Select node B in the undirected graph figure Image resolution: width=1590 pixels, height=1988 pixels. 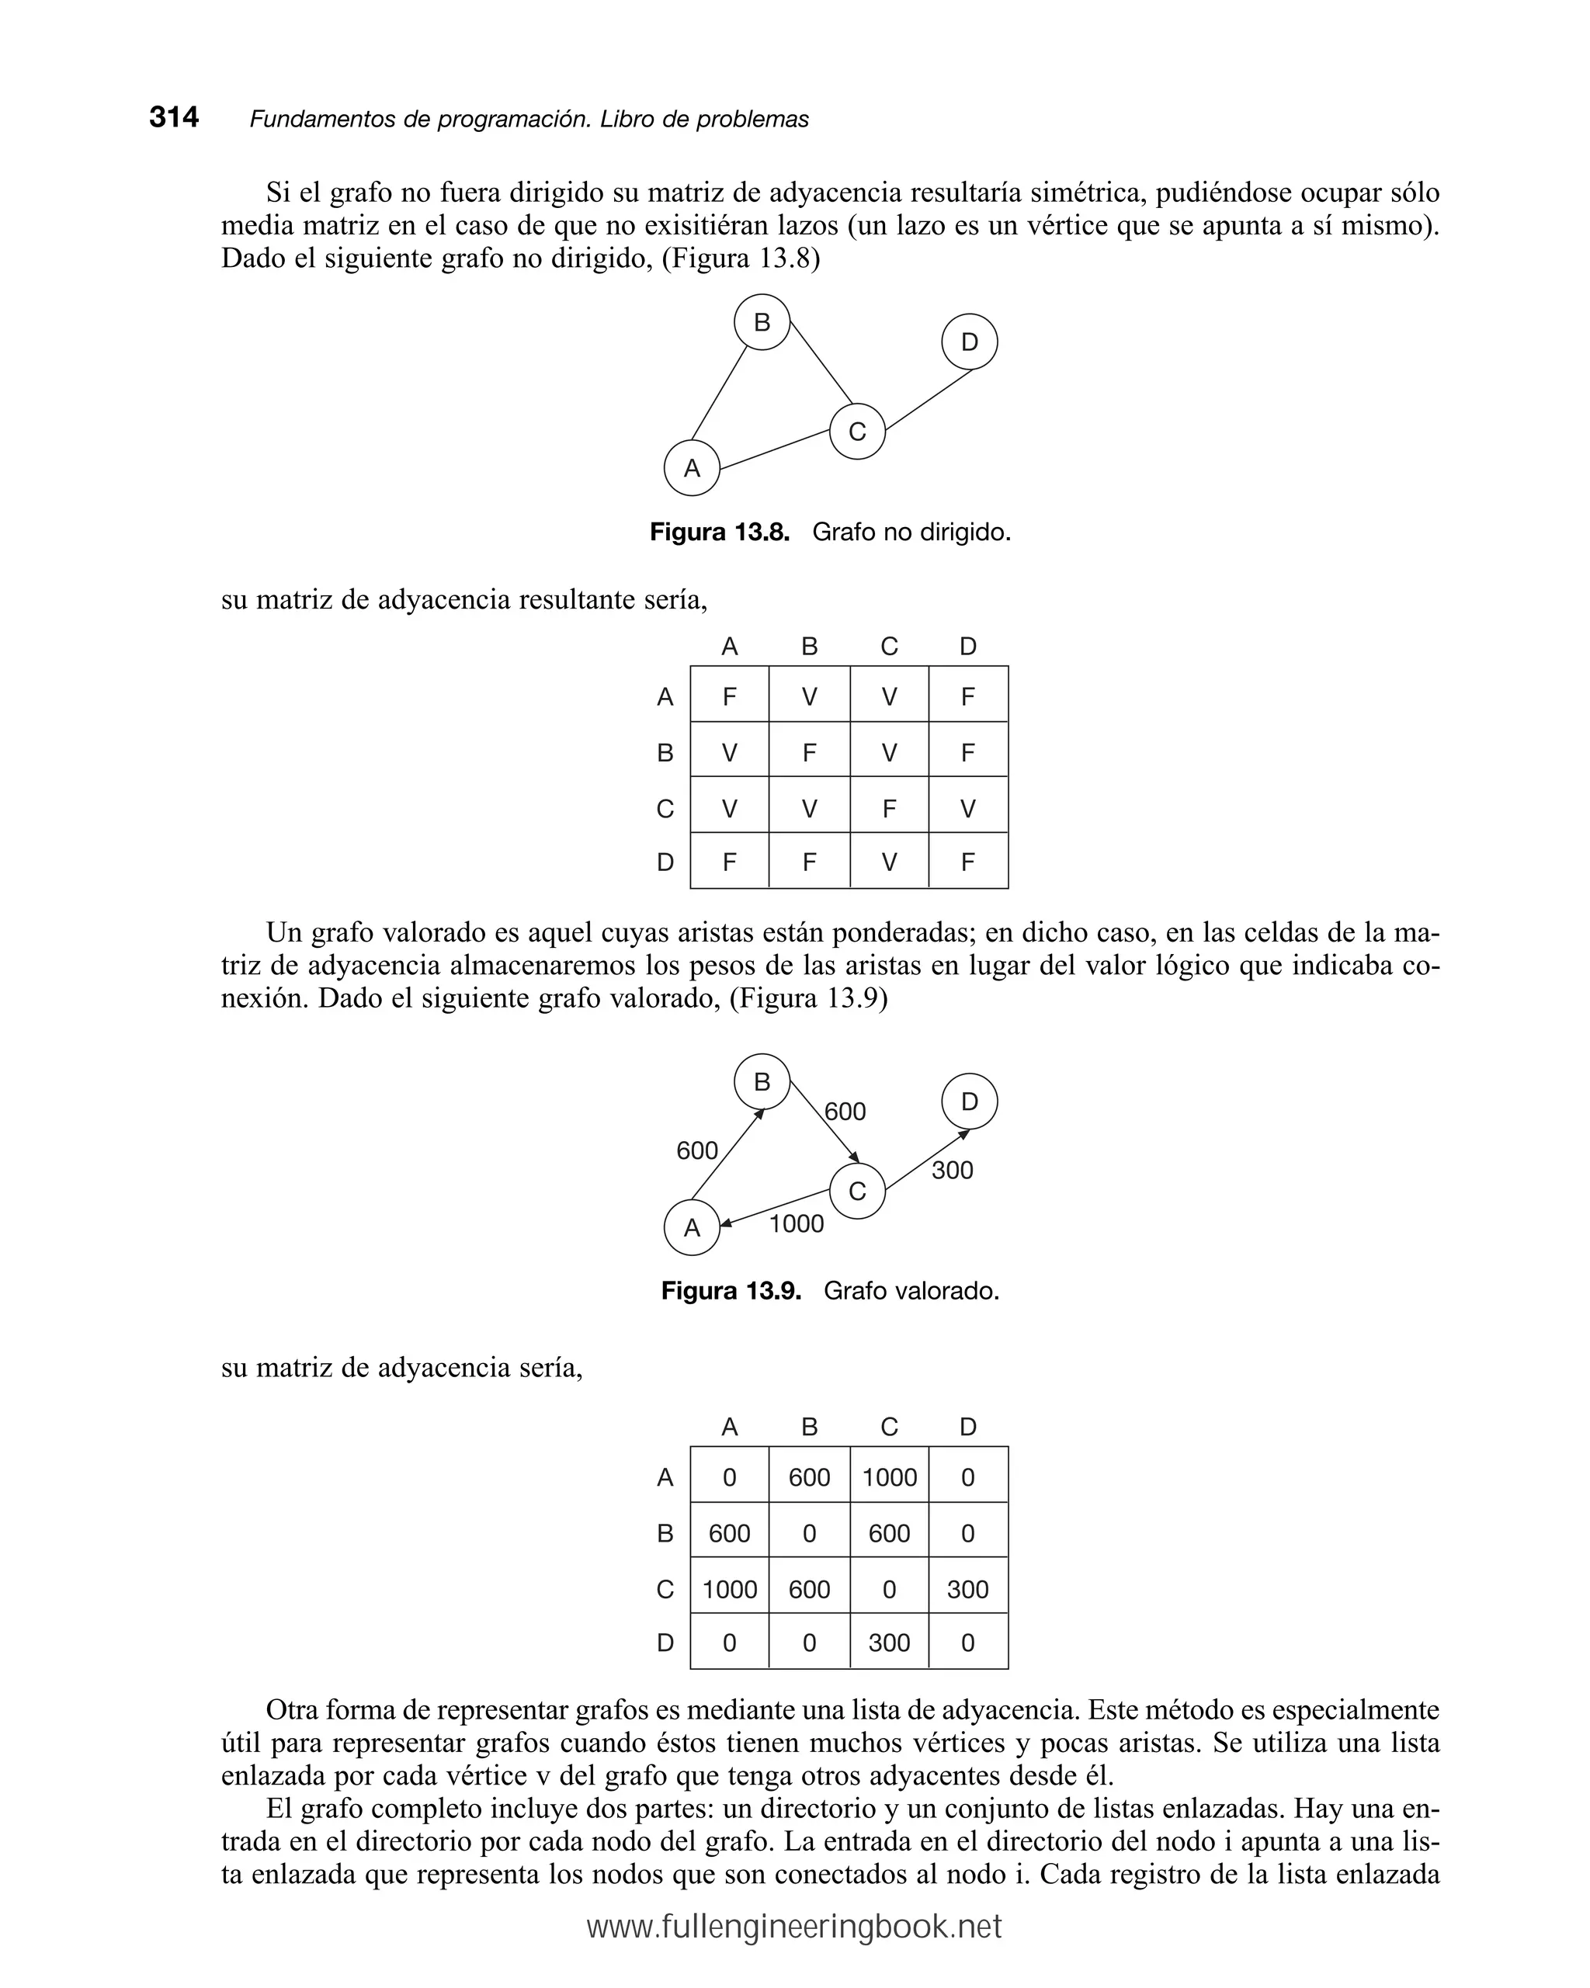[761, 322]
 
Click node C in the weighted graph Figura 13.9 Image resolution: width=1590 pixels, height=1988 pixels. [857, 1192]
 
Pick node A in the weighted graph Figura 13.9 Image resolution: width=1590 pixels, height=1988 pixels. [691, 1227]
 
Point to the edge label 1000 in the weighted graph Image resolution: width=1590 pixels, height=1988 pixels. [796, 1223]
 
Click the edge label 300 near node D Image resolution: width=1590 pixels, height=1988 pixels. [952, 1170]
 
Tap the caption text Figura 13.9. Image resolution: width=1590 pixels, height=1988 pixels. [731, 1290]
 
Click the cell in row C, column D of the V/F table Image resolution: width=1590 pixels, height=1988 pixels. [967, 809]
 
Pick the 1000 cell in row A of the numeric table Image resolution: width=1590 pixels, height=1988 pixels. [888, 1478]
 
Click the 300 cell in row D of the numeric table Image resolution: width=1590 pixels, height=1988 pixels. [888, 1643]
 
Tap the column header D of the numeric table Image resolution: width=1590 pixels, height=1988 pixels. [967, 1427]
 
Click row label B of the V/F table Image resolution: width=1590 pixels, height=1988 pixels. [665, 753]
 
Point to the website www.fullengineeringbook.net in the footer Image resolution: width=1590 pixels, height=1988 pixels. [794, 1926]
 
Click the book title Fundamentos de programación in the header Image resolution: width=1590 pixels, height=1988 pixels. [420, 120]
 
